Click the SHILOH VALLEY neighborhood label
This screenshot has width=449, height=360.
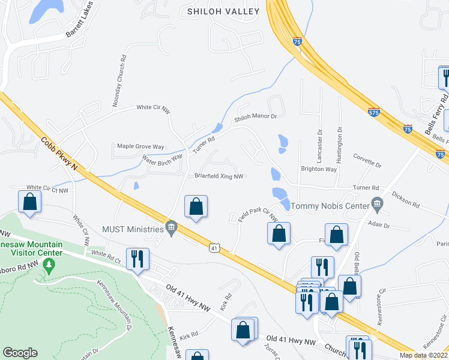point(223,11)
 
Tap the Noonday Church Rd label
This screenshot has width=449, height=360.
point(122,82)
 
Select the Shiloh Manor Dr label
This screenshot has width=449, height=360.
point(255,118)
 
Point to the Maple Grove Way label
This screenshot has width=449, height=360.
point(140,146)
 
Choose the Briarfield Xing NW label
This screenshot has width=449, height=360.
point(218,176)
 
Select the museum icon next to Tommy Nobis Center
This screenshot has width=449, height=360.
point(376,205)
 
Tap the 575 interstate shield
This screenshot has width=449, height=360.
point(373,112)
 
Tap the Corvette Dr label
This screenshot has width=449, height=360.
point(367,163)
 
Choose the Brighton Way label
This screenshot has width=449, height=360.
point(318,170)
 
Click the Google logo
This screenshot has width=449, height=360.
point(20,353)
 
